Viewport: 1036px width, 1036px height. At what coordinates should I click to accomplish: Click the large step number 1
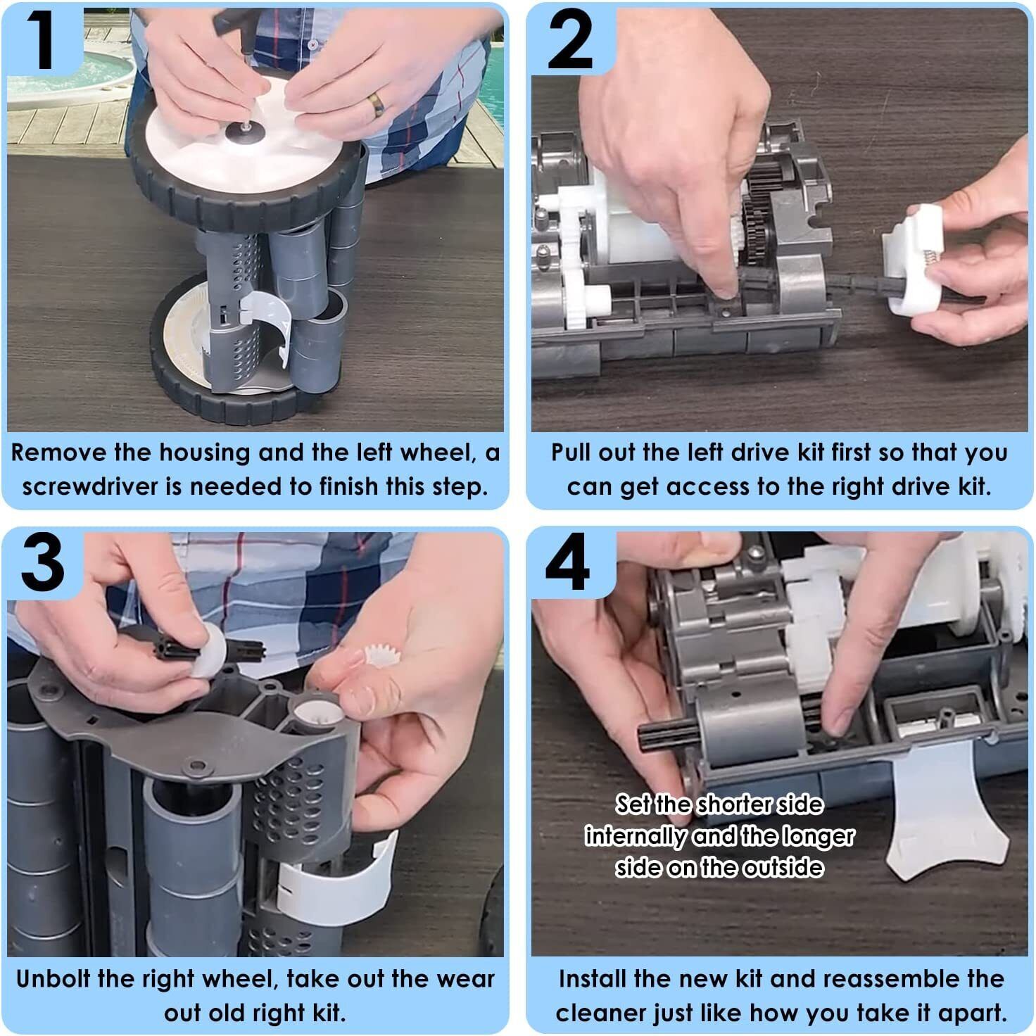[42, 39]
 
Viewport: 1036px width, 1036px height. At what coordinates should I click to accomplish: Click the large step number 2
[570, 39]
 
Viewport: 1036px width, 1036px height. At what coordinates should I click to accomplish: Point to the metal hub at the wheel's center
[241, 131]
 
